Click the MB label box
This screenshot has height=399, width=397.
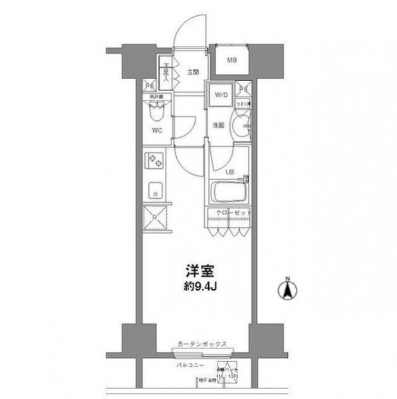232,61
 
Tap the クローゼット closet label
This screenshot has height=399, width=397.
229,213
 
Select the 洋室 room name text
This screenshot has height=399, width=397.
197,273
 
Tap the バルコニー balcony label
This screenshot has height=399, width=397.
191,365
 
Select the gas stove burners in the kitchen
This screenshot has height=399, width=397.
156,161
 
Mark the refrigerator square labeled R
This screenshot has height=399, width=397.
156,217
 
